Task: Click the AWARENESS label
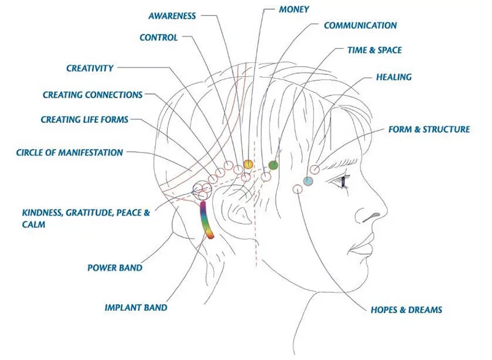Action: [172, 16]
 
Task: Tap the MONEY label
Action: [294, 9]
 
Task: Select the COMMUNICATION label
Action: [360, 25]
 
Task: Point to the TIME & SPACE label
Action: [375, 50]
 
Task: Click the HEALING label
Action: [394, 77]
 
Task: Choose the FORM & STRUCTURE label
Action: [429, 129]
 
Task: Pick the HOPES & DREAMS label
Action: [407, 310]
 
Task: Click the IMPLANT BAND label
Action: [136, 308]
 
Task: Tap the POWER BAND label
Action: [115, 268]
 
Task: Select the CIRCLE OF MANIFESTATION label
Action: [69, 153]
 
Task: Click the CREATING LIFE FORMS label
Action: [84, 119]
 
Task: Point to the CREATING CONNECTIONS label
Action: [93, 95]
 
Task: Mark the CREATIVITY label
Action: [90, 68]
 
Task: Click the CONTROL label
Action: [159, 38]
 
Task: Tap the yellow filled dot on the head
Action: [248, 164]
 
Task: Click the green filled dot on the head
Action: [273, 165]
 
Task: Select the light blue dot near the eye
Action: [308, 181]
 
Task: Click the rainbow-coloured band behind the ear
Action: [206, 220]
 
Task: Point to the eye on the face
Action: [343, 181]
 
